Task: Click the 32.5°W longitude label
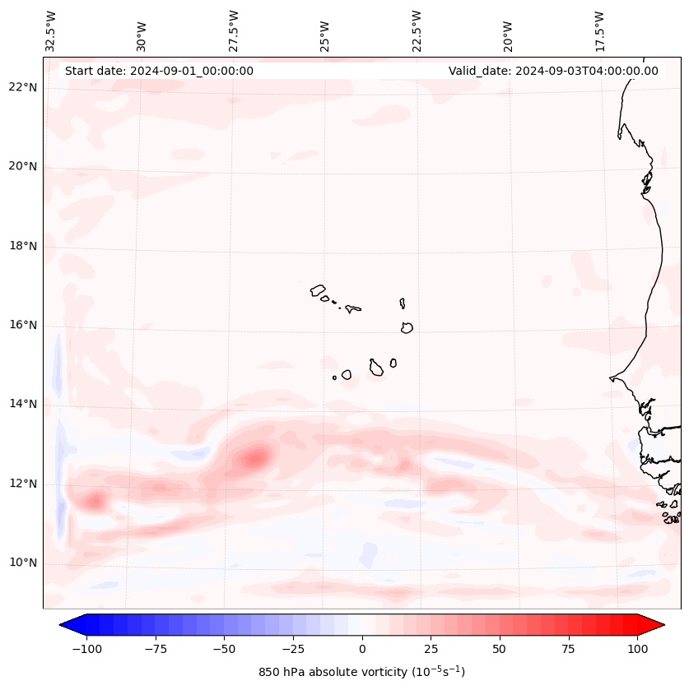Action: pos(51,30)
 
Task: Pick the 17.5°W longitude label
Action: pos(599,30)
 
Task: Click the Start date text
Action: pos(159,71)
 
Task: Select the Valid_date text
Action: pos(553,71)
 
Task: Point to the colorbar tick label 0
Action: pos(362,649)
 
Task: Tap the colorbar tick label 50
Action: pos(499,649)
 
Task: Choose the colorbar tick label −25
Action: pos(293,649)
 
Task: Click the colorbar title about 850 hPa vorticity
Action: pos(362,672)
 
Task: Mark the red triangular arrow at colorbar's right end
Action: pos(652,625)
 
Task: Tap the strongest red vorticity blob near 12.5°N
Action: pos(256,457)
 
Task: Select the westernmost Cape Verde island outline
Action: pos(318,289)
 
